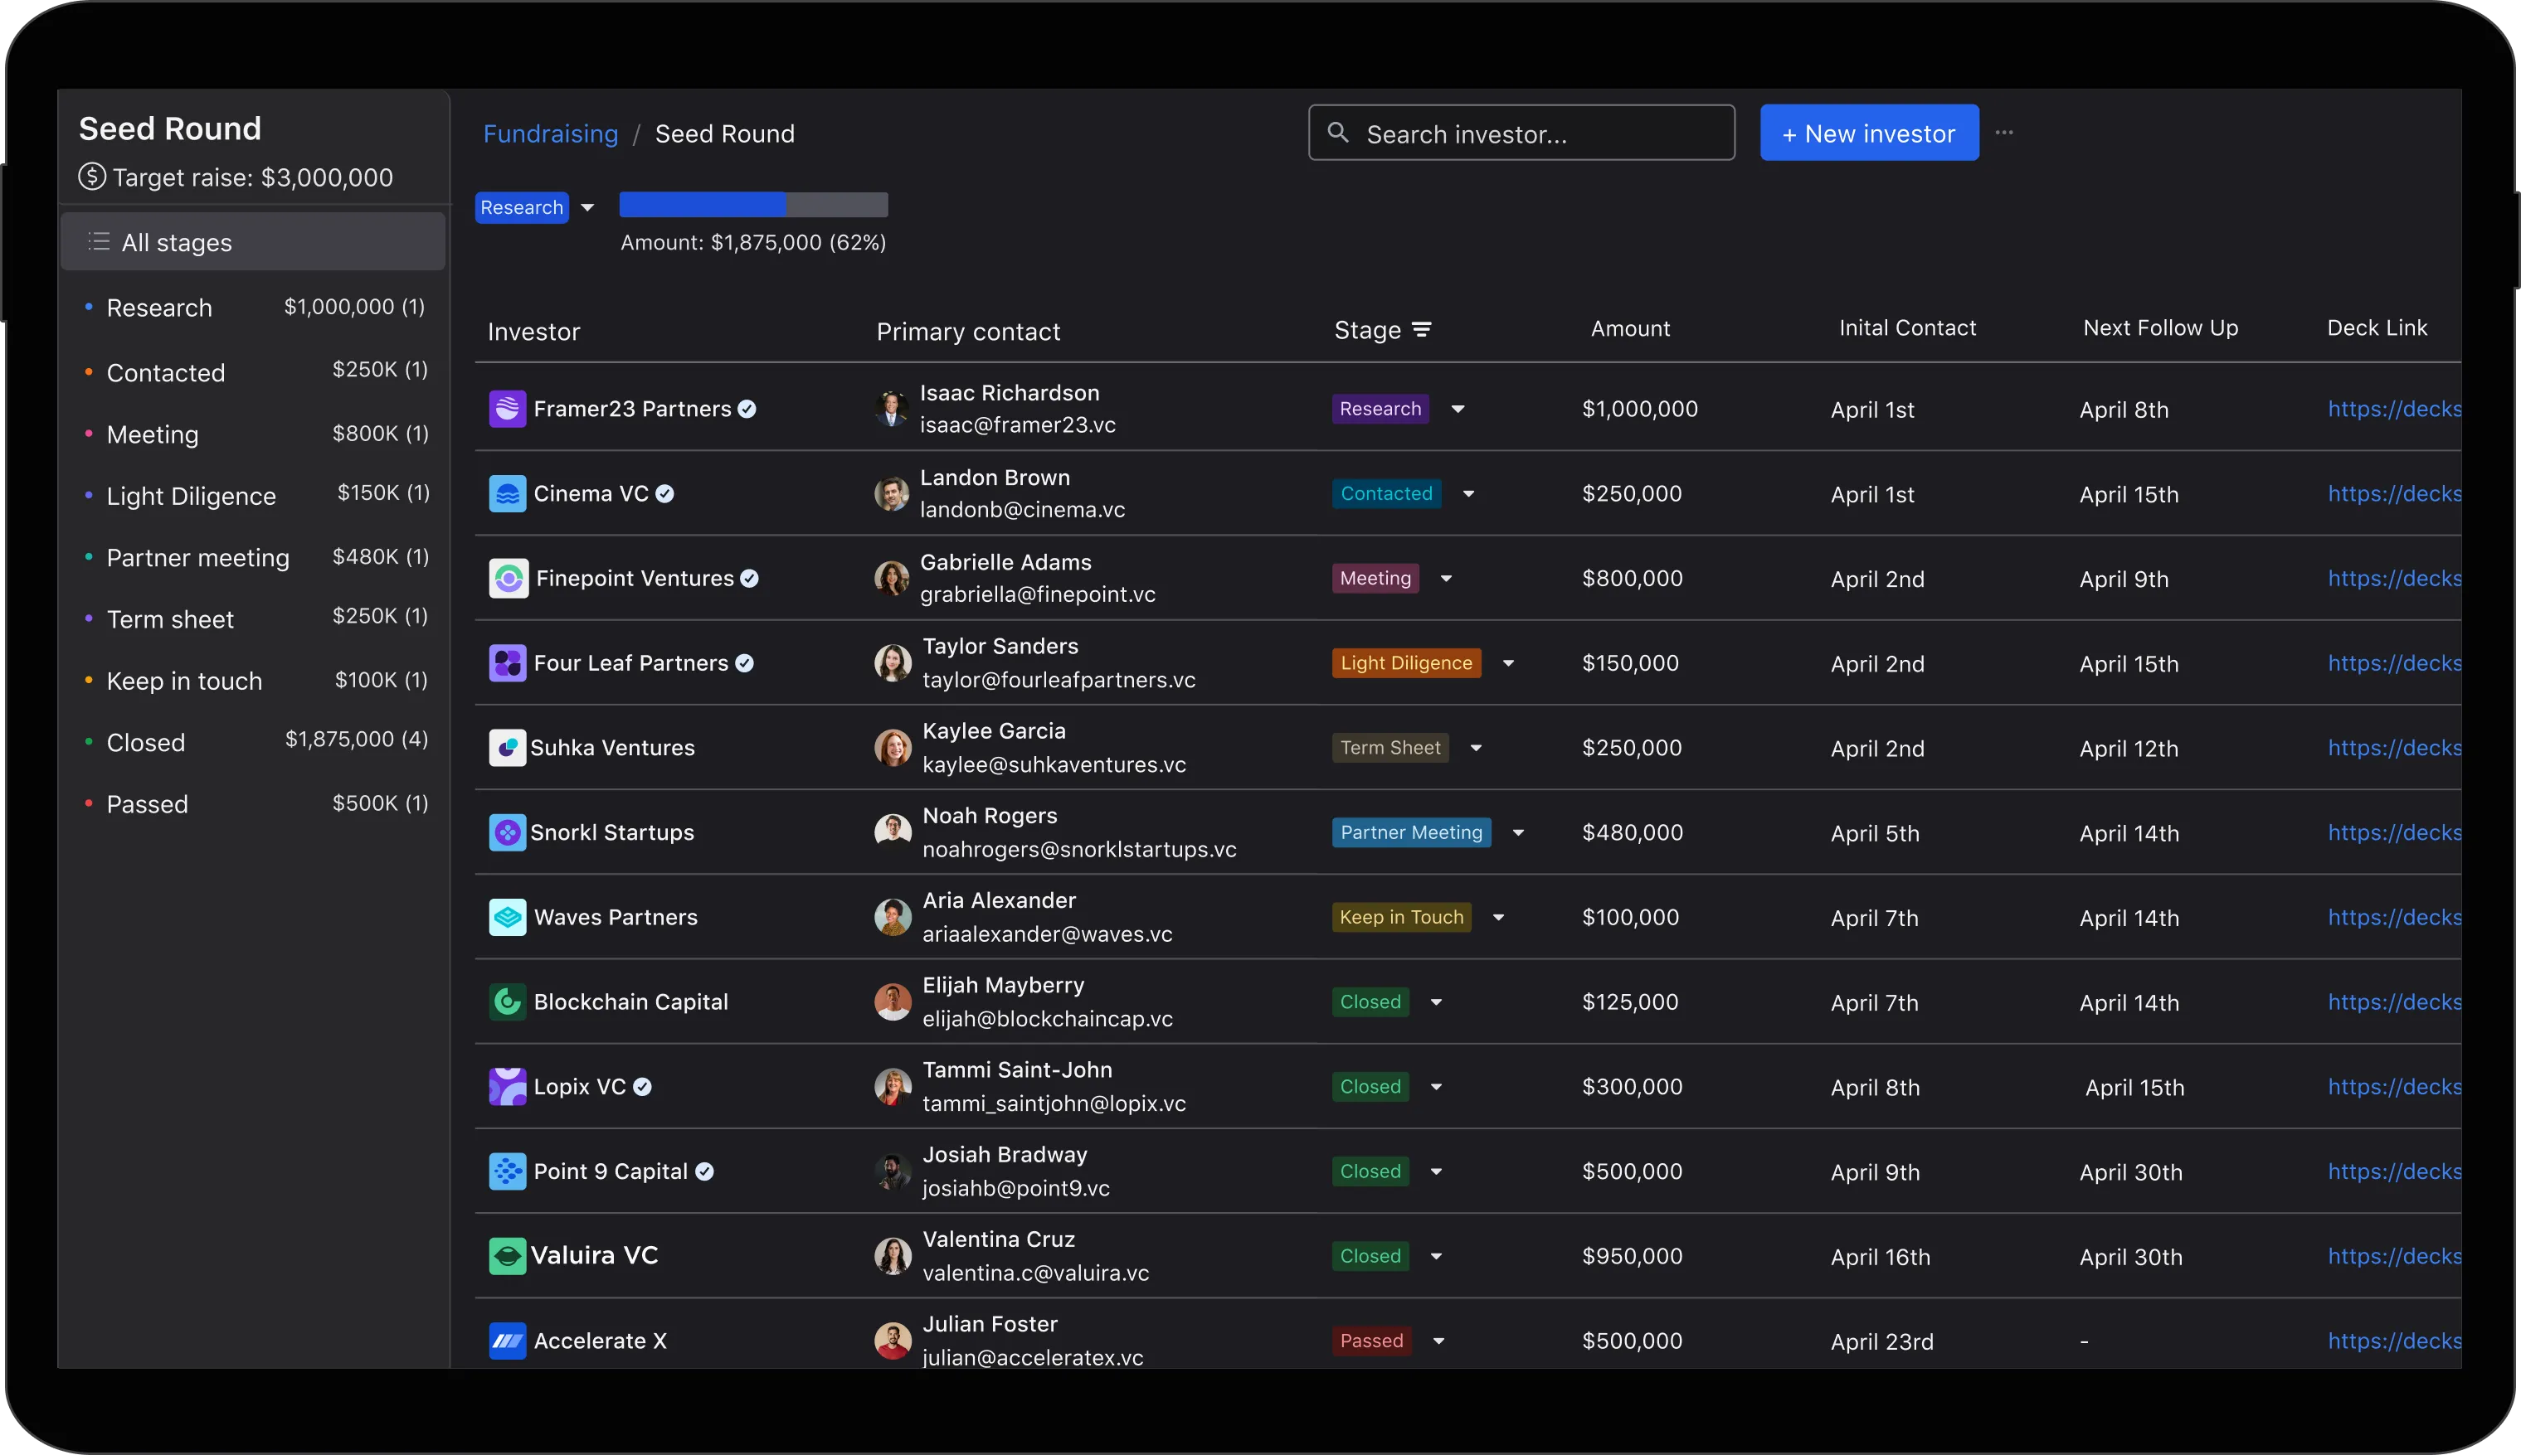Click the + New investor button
(1869, 133)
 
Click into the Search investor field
(1521, 133)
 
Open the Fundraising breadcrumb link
(551, 134)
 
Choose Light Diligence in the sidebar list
(191, 496)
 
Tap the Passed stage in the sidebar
(147, 804)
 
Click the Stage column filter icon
(1422, 330)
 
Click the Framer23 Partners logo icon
(507, 409)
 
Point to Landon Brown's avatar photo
(892, 493)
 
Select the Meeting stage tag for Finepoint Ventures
(1375, 579)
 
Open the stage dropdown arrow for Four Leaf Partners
(1508, 663)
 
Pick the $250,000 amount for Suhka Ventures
(1632, 748)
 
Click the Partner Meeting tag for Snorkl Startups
(1411, 832)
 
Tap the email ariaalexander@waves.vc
(1048, 934)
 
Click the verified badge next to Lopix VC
(643, 1087)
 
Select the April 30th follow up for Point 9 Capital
(2131, 1172)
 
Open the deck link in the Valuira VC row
(2394, 1256)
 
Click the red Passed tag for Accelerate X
(1371, 1341)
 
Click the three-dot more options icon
(2004, 133)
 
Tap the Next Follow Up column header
(2160, 327)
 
